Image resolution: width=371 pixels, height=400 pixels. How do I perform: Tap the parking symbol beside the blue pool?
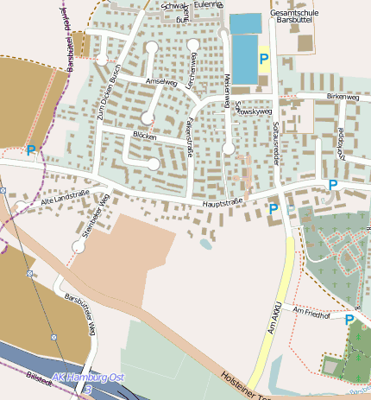264,60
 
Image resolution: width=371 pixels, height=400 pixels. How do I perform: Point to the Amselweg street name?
161,82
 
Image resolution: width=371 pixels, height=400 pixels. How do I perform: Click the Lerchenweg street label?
193,72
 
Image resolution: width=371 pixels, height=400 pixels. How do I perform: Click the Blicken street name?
144,137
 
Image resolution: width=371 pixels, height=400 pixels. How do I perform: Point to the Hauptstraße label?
223,203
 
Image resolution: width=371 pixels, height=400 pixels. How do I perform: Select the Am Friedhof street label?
311,310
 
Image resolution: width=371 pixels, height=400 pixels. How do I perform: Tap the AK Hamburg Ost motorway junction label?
88,378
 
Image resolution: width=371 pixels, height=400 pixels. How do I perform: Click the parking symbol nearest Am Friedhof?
349,321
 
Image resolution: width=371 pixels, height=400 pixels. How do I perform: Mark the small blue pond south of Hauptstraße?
205,244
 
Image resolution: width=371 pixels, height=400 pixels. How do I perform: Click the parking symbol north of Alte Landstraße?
32,150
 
